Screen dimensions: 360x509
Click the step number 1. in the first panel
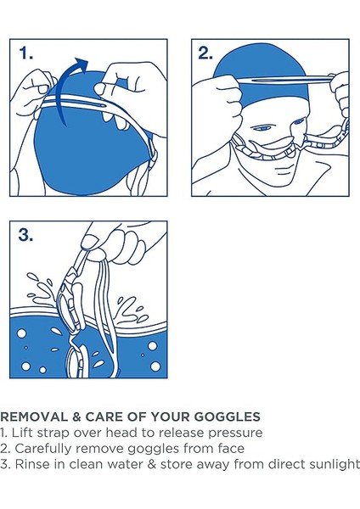coord(26,53)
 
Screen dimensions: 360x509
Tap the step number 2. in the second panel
coord(205,53)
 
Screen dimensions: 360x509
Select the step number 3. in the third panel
coord(26,235)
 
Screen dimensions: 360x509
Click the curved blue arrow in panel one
coord(72,87)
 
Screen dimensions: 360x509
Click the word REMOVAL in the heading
coord(34,417)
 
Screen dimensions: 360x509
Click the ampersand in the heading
coord(76,417)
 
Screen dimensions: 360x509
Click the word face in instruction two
coord(231,449)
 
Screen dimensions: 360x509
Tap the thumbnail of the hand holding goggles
coord(90,241)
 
